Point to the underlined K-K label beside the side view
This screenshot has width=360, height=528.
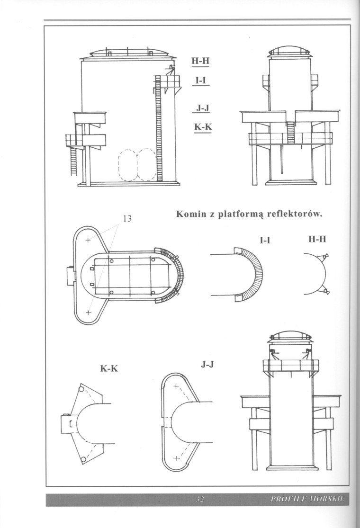202,127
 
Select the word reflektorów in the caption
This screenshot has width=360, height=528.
295,215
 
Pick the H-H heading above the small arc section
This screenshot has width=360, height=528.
317,240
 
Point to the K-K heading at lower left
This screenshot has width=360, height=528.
108,368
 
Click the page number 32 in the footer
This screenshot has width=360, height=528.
199,500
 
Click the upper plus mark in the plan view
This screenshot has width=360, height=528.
88,241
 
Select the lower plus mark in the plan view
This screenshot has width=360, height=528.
88,313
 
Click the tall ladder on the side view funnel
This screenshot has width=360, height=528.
159,133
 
